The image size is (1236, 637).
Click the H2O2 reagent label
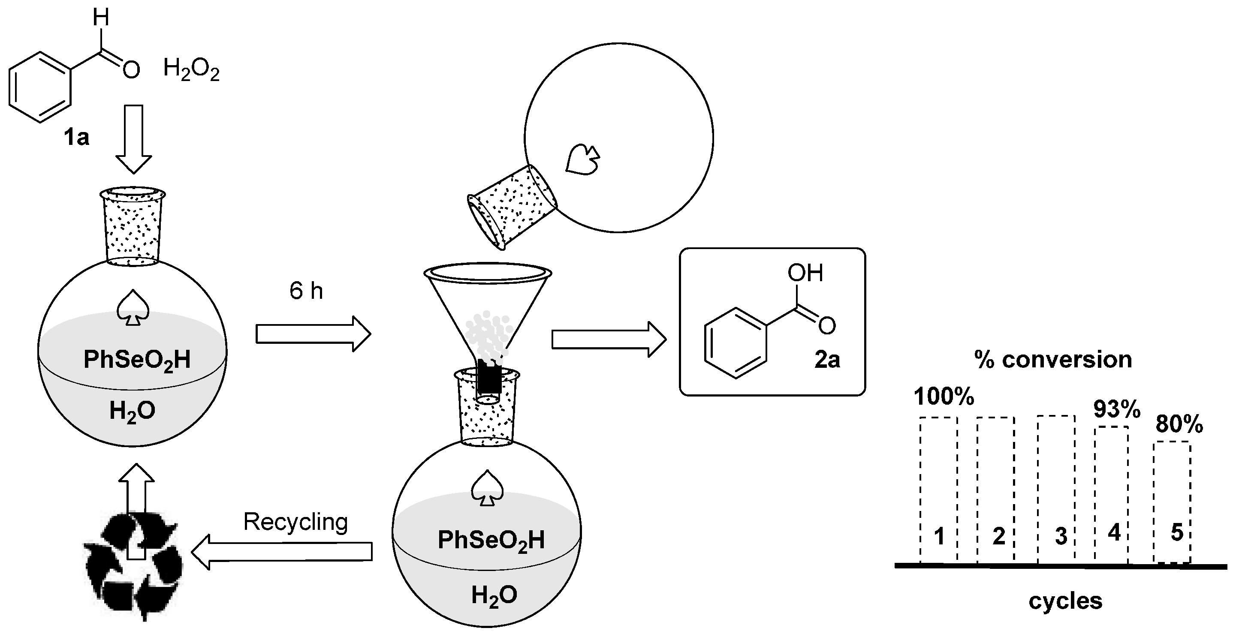(191, 69)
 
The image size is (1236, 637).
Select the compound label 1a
(77, 138)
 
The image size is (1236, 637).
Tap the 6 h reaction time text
(306, 291)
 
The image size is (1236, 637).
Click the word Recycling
(295, 521)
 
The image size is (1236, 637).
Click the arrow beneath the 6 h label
(313, 334)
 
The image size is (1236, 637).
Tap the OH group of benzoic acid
(805, 273)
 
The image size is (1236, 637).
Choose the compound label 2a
(827, 360)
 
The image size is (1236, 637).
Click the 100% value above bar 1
(944, 397)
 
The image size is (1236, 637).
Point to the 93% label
(1116, 409)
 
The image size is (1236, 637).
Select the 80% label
(1179, 424)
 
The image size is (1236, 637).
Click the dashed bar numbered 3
(1055, 489)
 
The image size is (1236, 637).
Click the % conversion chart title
(1053, 359)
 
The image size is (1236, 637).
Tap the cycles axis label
(1065, 601)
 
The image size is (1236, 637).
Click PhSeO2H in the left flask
(137, 360)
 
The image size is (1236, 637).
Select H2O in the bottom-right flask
(494, 595)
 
